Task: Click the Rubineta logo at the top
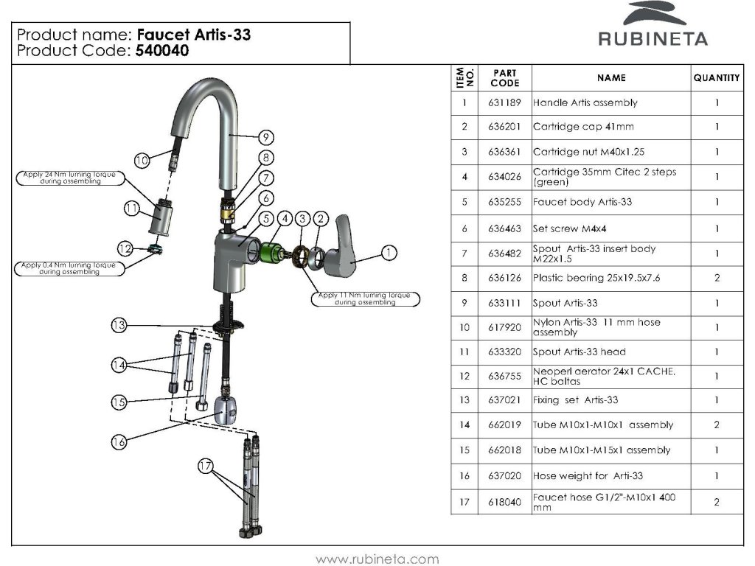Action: pyautogui.click(x=653, y=26)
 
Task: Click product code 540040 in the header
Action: pyautogui.click(x=161, y=51)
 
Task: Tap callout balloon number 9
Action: pyautogui.click(x=266, y=137)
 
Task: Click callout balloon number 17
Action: pyautogui.click(x=206, y=466)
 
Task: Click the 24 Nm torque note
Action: pyautogui.click(x=69, y=178)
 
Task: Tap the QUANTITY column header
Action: pyautogui.click(x=716, y=78)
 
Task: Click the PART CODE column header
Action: pyautogui.click(x=504, y=78)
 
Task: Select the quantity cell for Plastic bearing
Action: pyautogui.click(x=716, y=279)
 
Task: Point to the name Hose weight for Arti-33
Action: pyautogui.click(x=588, y=476)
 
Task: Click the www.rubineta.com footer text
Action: pyautogui.click(x=377, y=559)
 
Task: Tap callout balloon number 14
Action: pyautogui.click(x=119, y=364)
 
